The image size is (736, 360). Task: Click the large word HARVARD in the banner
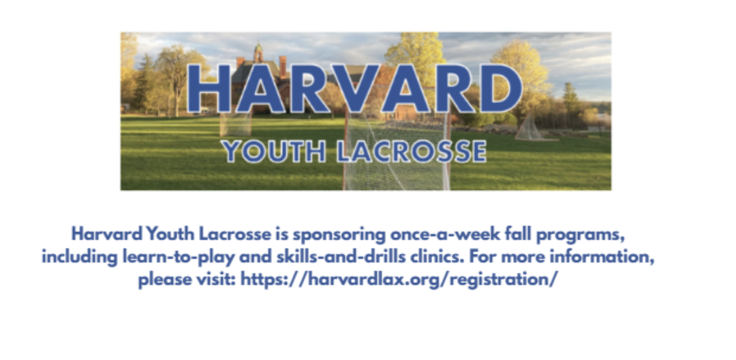tap(355, 88)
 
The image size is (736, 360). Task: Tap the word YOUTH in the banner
tap(275, 151)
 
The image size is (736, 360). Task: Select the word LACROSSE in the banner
tap(412, 151)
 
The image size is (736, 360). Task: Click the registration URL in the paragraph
tap(399, 280)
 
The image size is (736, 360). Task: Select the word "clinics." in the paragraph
tap(438, 256)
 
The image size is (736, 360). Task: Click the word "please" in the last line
tap(162, 280)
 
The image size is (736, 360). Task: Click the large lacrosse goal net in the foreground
tap(397, 150)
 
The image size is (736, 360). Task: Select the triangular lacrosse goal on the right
tap(530, 127)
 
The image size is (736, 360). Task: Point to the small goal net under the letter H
tap(236, 123)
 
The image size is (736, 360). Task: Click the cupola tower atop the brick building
tap(258, 53)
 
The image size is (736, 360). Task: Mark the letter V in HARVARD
tap(358, 88)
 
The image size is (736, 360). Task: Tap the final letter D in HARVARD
tap(502, 88)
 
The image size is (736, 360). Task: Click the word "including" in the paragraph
tap(79, 257)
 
